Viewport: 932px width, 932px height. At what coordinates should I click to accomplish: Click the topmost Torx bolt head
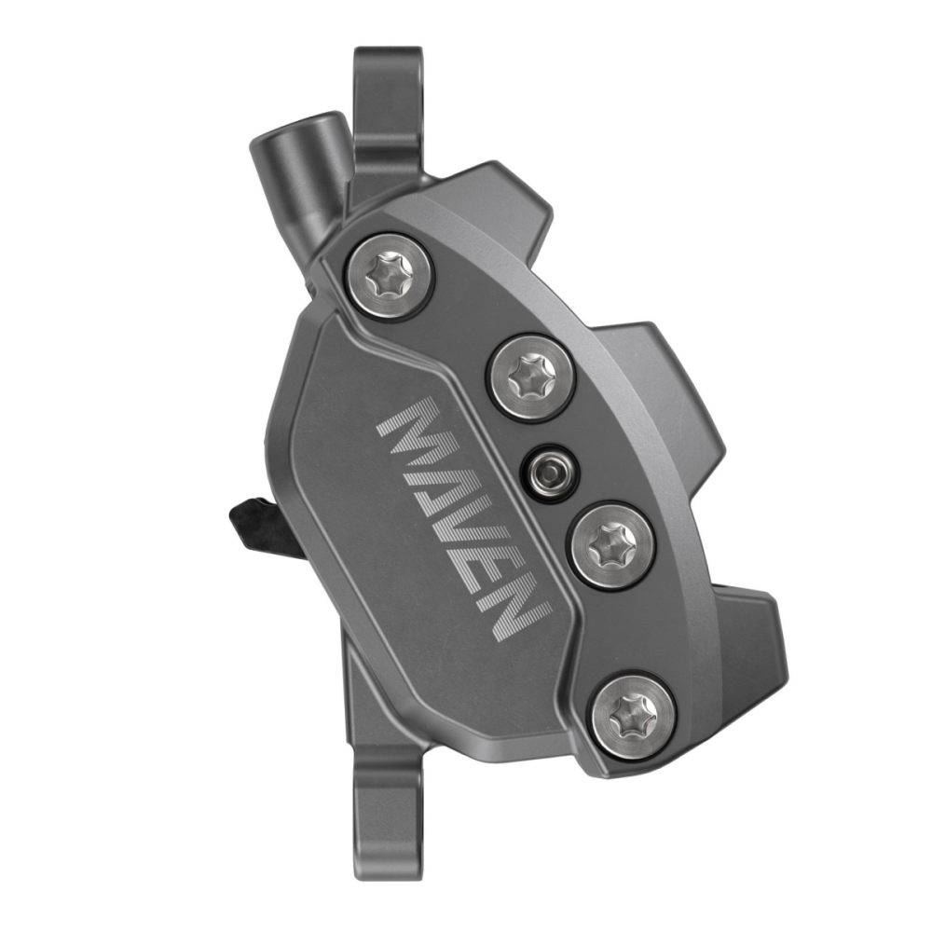click(390, 272)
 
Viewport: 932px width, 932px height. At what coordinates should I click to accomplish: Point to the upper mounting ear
click(386, 103)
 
